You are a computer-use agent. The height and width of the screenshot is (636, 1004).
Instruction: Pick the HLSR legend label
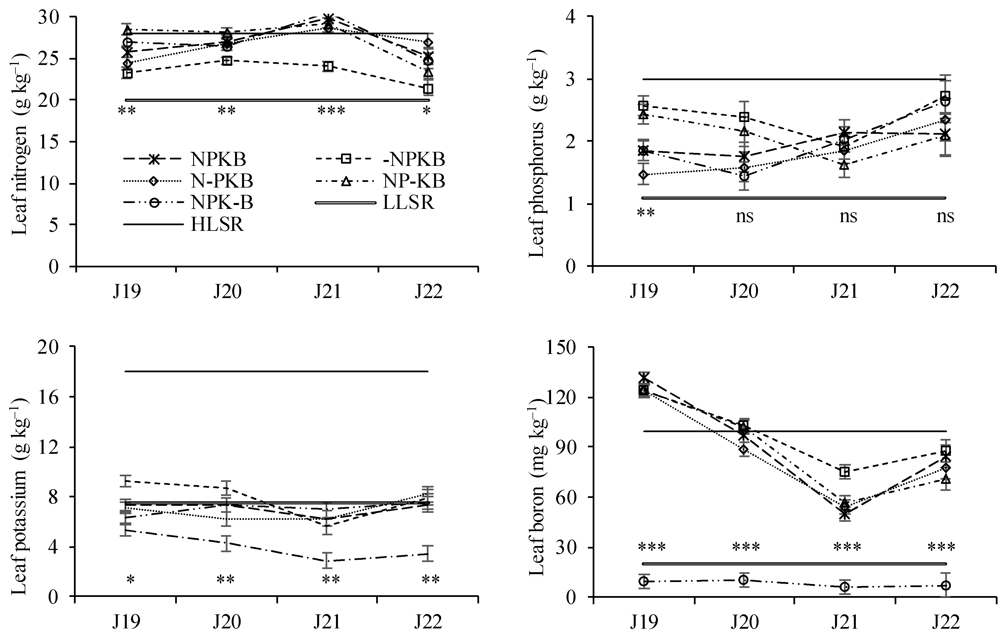[x=217, y=224]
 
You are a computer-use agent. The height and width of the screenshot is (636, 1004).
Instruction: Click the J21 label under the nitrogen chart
[x=328, y=292]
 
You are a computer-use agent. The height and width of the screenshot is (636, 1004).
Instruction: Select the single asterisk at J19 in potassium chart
[x=130, y=580]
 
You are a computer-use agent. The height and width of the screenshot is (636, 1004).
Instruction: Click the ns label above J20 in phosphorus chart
[x=745, y=217]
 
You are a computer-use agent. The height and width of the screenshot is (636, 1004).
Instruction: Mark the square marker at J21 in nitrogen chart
[x=329, y=67]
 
